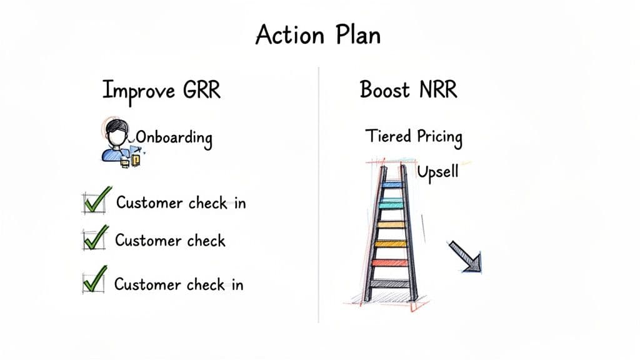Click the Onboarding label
(173, 137)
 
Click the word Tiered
(387, 136)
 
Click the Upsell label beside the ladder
(437, 171)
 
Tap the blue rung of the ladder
(392, 185)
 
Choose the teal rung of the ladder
(392, 204)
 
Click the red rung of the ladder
(390, 262)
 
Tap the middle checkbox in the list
(91, 239)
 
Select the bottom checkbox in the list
(91, 283)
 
